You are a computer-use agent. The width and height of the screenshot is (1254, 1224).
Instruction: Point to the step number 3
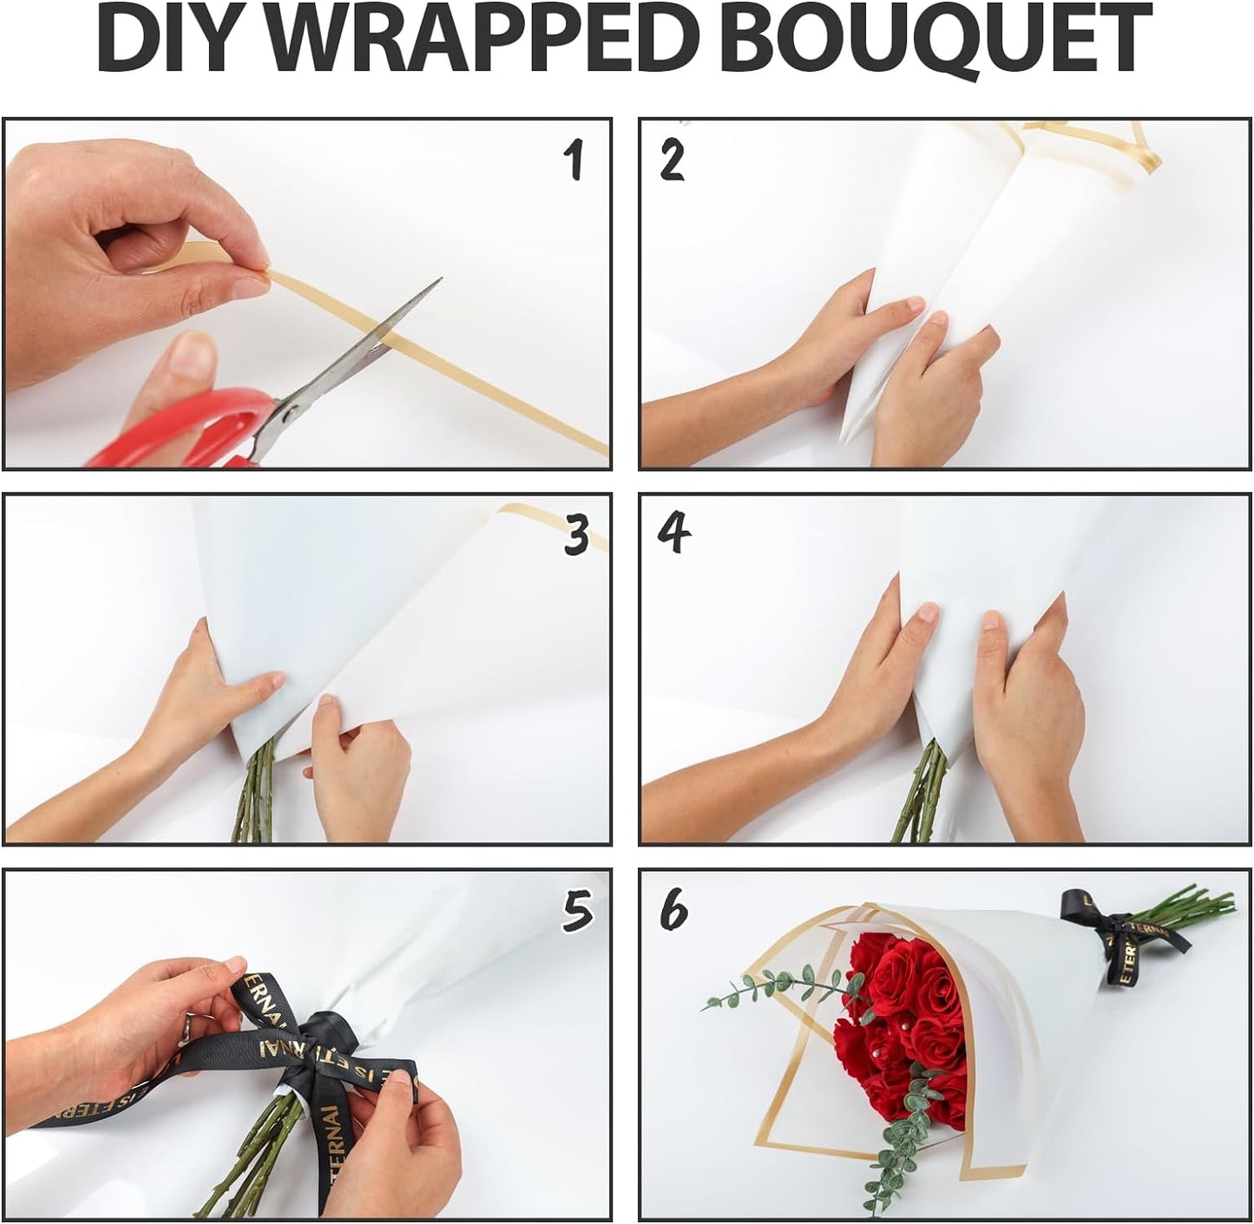point(575,537)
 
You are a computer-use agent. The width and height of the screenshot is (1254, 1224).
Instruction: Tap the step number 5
point(577,913)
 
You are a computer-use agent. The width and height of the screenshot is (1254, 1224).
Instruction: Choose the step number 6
point(673,911)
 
